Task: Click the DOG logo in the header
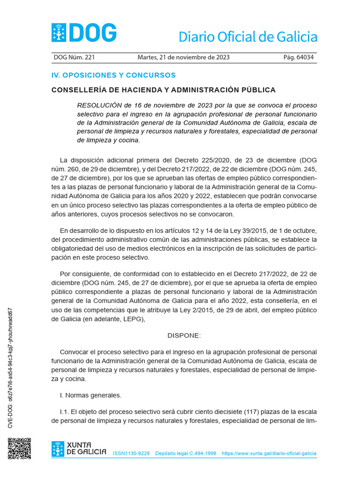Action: click(84, 33)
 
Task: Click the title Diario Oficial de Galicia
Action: click(247, 37)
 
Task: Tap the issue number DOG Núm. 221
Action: click(74, 58)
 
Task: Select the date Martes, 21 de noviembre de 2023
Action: click(183, 58)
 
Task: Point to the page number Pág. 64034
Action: click(298, 58)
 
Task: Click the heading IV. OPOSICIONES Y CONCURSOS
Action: click(113, 75)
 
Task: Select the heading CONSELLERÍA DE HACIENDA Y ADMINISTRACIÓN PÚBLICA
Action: click(163, 90)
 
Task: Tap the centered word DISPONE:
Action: click(184, 336)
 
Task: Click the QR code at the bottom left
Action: click(19, 449)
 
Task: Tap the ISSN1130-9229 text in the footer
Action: click(131, 454)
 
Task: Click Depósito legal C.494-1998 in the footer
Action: click(185, 454)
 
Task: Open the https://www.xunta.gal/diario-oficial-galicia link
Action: click(269, 454)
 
